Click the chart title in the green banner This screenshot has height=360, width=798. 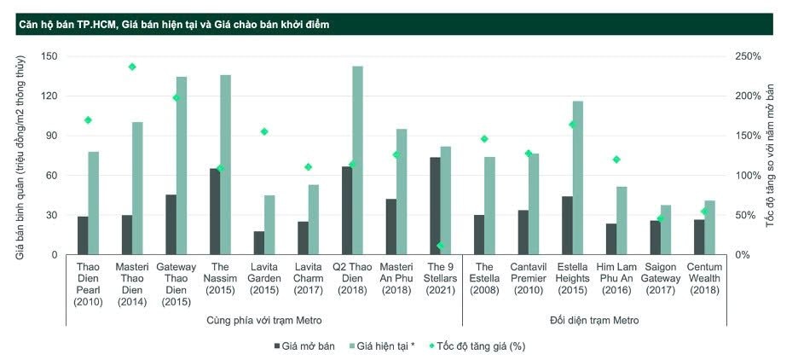pos(174,25)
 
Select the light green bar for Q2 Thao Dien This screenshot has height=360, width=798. pos(357,160)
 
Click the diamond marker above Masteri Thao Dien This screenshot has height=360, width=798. pos(132,67)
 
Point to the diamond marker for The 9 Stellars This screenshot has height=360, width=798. pos(441,246)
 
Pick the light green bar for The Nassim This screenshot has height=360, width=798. pos(225,165)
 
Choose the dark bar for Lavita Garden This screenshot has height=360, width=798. pos(258,242)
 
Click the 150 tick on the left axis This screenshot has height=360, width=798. pos(49,56)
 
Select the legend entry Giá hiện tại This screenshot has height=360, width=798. pos(381,346)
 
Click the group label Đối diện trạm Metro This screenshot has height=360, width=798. pos(589,320)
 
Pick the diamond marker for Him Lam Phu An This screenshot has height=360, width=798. pos(616,160)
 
